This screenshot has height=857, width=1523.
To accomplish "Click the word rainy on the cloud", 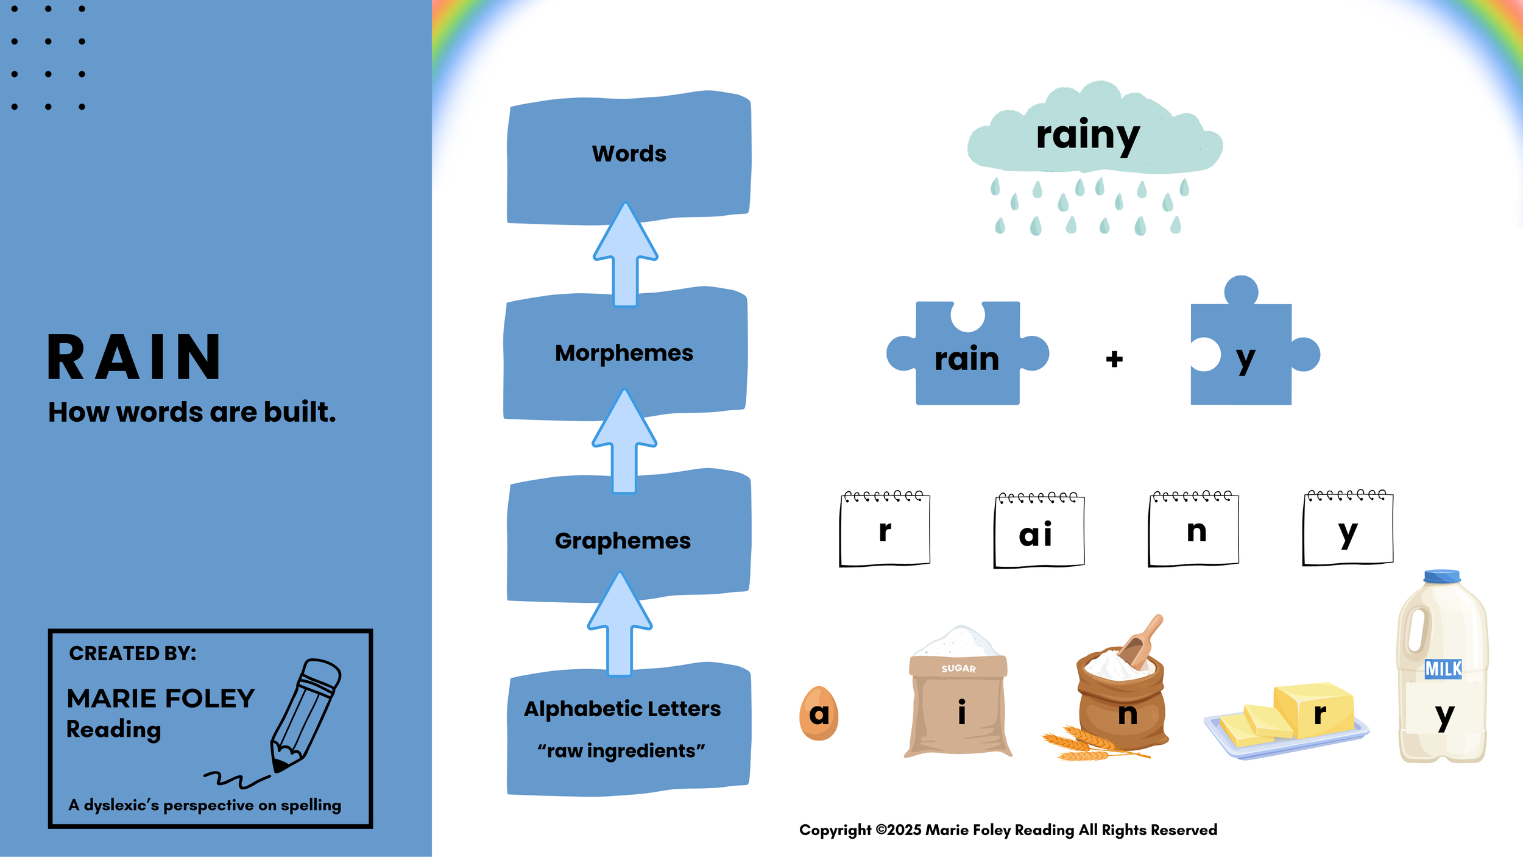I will (x=1087, y=135).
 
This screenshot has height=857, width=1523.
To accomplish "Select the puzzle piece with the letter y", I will (x=1243, y=357).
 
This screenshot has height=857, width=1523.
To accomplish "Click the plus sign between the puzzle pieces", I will (x=1114, y=359).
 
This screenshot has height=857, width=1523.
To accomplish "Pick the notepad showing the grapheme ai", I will (x=1039, y=530).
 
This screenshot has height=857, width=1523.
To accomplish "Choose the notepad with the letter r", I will (x=885, y=529).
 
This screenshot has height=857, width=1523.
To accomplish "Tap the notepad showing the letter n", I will (x=1193, y=529).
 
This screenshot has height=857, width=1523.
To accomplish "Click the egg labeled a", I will (x=819, y=713).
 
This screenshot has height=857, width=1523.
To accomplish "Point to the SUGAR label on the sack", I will (x=958, y=669).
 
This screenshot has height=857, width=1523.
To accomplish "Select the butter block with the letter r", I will (x=1316, y=710).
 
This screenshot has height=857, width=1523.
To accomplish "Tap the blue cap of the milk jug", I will (x=1442, y=576).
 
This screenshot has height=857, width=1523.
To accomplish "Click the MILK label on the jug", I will (x=1443, y=669).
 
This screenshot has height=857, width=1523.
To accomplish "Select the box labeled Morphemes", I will (x=624, y=354).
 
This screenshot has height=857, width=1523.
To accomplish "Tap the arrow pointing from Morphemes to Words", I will (x=626, y=256).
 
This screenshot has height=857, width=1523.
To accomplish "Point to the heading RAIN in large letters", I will (x=134, y=358).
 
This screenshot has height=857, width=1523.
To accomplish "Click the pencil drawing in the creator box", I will (x=305, y=716).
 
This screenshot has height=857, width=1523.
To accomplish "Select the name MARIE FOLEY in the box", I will (x=161, y=699).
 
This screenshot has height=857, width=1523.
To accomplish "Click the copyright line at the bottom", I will (x=1008, y=830).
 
